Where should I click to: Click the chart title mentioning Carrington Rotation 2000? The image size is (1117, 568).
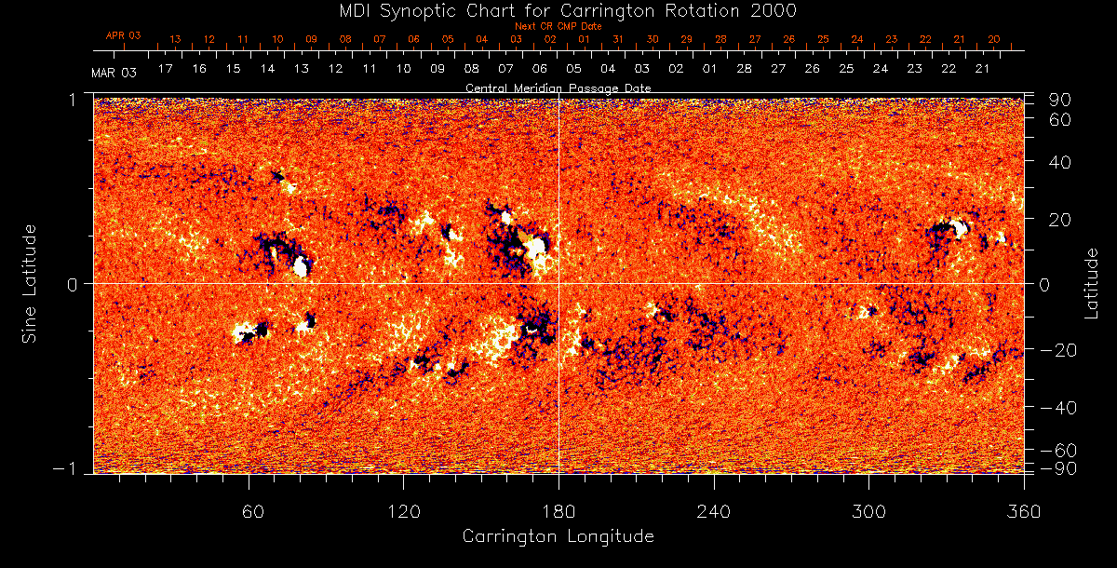pyautogui.click(x=558, y=10)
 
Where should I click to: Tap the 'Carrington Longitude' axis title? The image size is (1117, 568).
pyautogui.click(x=558, y=536)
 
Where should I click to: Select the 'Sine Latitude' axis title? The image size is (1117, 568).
pyautogui.click(x=29, y=283)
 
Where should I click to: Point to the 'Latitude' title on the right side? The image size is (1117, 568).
pyautogui.click(x=1092, y=283)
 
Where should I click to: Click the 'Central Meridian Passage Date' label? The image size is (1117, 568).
pyautogui.click(x=558, y=88)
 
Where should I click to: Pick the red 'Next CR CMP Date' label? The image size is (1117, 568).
pyautogui.click(x=558, y=26)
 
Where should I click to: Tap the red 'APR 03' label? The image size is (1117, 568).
pyautogui.click(x=123, y=35)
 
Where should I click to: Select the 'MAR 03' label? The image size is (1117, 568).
pyautogui.click(x=114, y=72)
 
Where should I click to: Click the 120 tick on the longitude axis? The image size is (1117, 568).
pyautogui.click(x=403, y=512)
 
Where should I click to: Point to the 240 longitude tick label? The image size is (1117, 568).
pyautogui.click(x=714, y=512)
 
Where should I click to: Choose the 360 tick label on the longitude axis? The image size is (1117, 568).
pyautogui.click(x=1024, y=512)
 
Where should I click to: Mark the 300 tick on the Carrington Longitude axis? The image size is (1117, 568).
pyautogui.click(x=868, y=512)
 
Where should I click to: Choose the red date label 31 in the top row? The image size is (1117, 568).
pyautogui.click(x=618, y=40)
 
